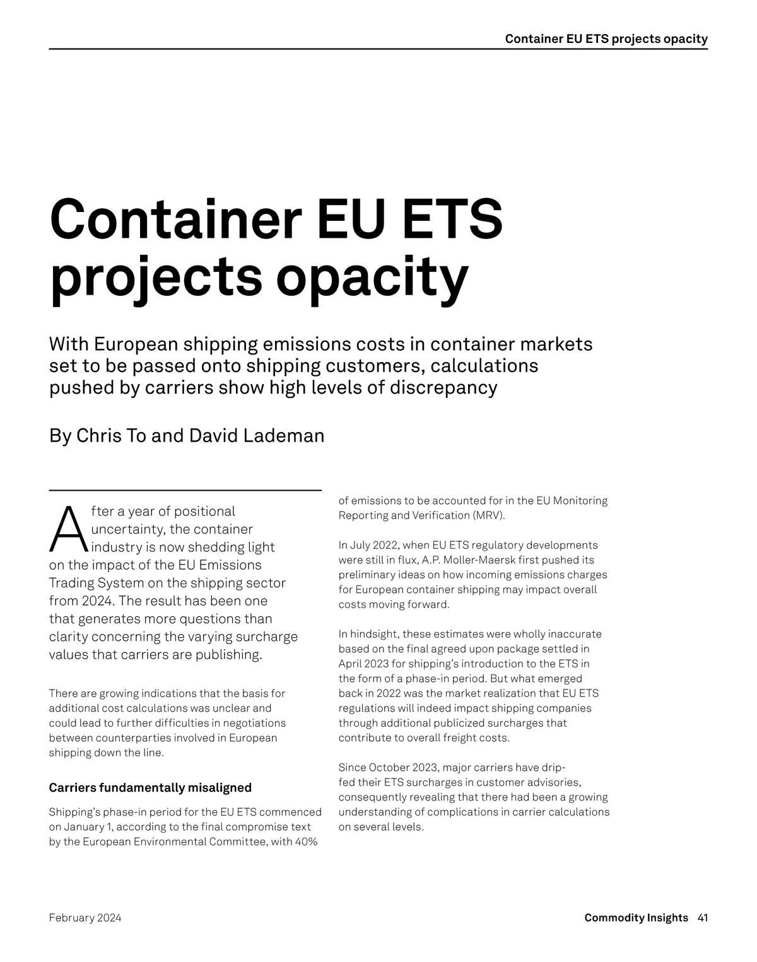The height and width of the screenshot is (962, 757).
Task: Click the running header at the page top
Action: tap(606, 39)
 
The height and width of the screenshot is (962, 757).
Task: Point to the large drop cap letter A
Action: tap(68, 529)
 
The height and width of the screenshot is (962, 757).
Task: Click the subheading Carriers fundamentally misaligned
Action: tap(150, 787)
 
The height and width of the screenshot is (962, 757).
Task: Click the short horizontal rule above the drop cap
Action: tap(185, 490)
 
